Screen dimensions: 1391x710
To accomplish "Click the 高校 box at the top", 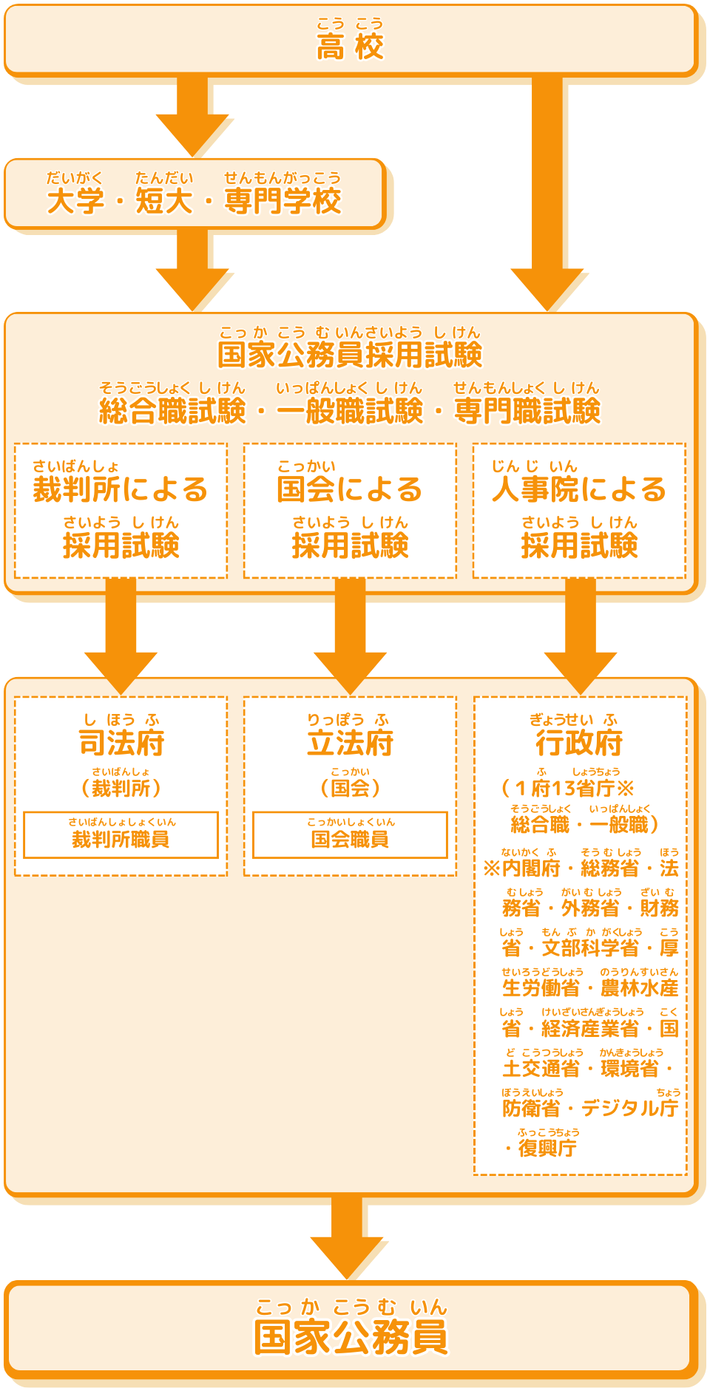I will (351, 41).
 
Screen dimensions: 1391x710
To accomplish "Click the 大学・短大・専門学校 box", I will (195, 194).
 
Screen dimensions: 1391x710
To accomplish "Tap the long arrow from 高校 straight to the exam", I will (547, 192).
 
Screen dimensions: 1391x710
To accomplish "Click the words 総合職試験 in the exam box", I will (172, 411).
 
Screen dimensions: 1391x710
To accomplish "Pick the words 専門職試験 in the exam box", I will (527, 411).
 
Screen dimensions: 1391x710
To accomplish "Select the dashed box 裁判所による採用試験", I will (121, 511).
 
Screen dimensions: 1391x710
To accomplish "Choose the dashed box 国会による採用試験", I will (350, 511).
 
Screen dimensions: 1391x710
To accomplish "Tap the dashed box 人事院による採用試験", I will (579, 511).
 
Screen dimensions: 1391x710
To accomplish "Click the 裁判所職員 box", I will (121, 835).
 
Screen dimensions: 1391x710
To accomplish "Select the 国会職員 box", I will (350, 835).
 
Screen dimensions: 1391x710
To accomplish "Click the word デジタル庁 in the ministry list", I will (629, 1108).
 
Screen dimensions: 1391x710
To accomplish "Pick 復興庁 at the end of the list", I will (547, 1148).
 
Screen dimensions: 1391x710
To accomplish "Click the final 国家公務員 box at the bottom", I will (351, 1330).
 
